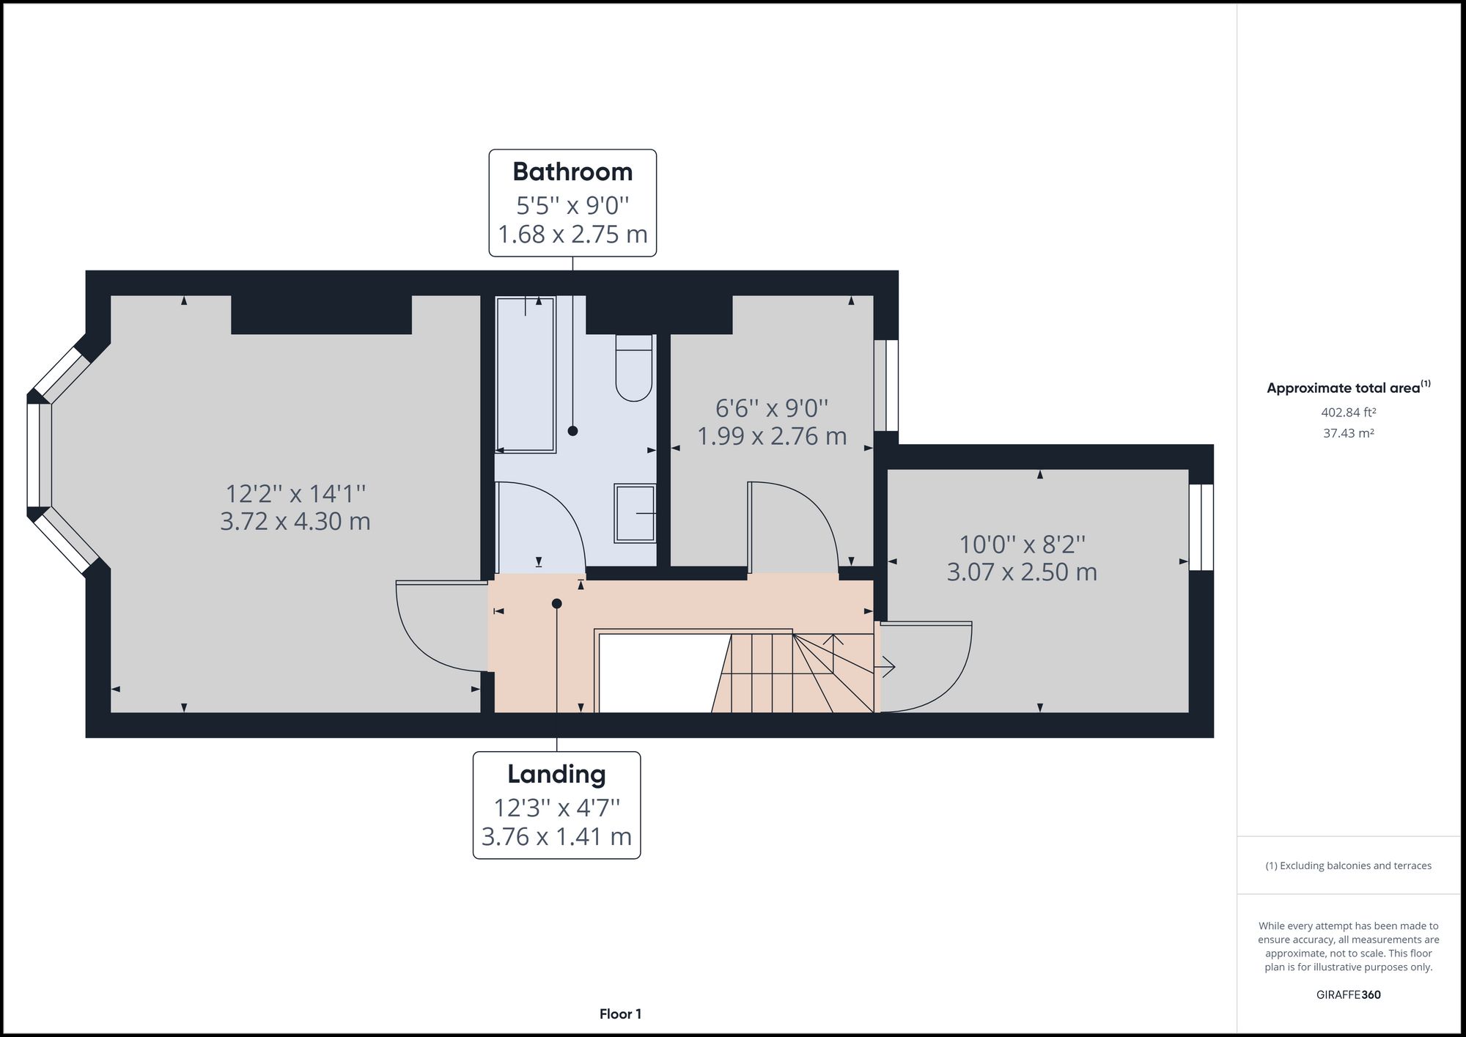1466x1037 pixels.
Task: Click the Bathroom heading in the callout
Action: point(572,171)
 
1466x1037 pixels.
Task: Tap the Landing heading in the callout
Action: point(556,774)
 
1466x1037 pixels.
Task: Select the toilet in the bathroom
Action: point(634,369)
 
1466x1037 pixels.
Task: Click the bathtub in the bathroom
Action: point(526,374)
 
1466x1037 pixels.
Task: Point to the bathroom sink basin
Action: point(634,514)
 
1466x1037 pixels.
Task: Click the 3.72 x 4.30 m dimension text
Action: point(295,522)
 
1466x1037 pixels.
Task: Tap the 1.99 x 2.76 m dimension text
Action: point(772,436)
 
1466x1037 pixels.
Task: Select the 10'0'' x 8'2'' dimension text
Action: point(1022,545)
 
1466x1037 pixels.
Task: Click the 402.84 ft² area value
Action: point(1348,413)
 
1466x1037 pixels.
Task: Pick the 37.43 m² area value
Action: point(1348,433)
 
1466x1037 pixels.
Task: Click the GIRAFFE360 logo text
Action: point(1348,994)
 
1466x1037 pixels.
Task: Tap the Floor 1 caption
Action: point(620,1014)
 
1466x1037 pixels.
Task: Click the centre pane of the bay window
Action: point(40,455)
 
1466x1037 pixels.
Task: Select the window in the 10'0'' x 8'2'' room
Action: point(1201,527)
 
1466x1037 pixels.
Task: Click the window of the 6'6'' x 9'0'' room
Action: point(886,385)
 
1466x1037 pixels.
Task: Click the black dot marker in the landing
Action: point(557,604)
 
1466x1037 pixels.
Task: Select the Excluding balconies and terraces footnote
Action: point(1348,866)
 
